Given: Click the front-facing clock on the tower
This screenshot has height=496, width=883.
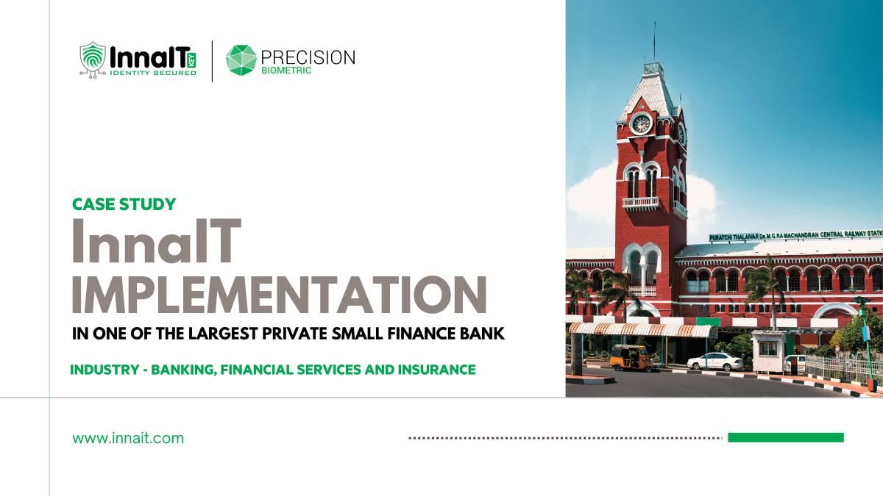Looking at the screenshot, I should pos(640,123).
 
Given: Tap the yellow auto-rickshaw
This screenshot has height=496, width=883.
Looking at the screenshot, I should pos(631,357).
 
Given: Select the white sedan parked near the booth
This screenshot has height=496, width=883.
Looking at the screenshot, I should pos(714,361).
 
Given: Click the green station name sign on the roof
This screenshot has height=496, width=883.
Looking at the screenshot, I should pos(795,235).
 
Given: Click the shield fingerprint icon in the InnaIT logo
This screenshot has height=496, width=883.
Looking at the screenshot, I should pos(93,58).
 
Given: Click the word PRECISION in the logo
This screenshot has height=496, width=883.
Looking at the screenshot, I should pos(308,57).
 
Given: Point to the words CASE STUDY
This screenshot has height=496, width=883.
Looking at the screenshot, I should pos(124,204).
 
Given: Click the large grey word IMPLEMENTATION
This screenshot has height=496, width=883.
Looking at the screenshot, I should pos(279,293).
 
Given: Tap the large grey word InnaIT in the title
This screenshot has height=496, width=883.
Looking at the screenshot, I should pos(156,242).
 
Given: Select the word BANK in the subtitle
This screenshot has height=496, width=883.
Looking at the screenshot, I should pos(483,334).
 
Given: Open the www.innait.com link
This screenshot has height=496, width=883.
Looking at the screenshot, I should pos(128,439).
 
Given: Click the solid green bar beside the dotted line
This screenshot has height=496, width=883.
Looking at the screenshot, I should pos(785,438).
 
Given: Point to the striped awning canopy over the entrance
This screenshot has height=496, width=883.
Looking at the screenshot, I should pos(640,330).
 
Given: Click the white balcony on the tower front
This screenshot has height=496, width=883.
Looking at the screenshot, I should pos(640,202).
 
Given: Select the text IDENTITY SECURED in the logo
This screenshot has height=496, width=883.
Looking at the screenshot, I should pos(152,73).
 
